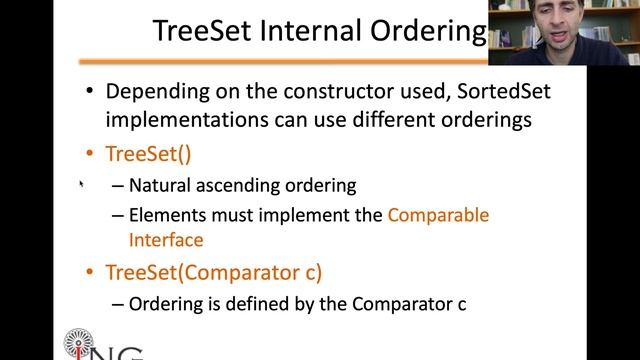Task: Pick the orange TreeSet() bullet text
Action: [148, 154]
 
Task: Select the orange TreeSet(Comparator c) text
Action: [214, 271]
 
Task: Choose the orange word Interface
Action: [166, 240]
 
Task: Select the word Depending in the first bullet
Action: [153, 92]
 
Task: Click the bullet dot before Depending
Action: [90, 92]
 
